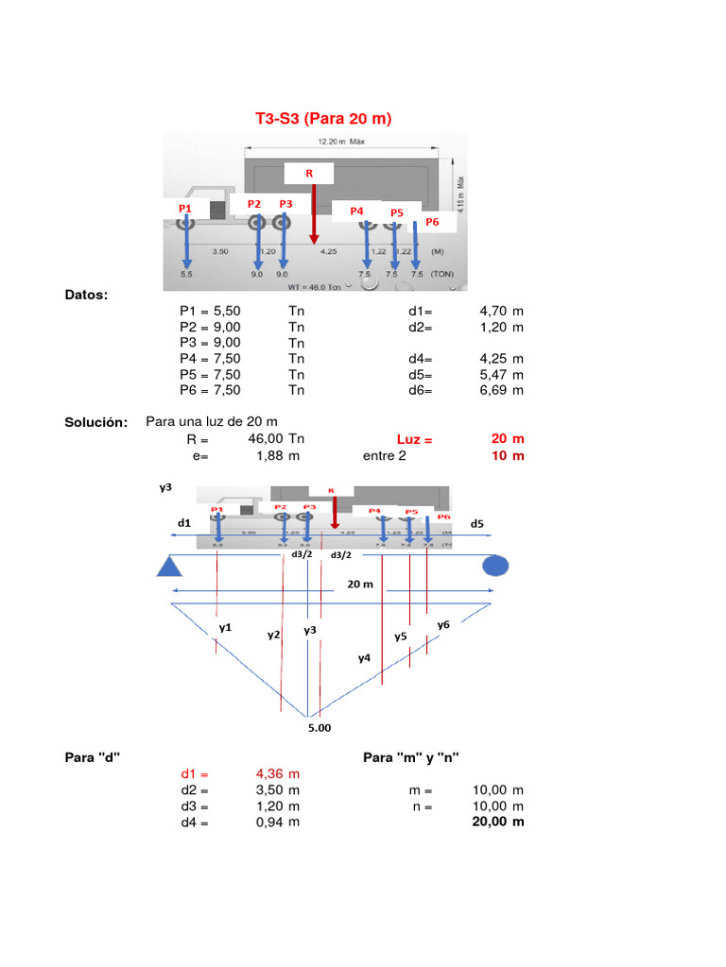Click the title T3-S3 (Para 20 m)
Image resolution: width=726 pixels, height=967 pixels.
click(323, 119)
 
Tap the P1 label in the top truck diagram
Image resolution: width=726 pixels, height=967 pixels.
click(184, 208)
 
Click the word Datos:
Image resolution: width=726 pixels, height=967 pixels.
click(86, 296)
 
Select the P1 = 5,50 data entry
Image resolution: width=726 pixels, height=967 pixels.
click(210, 310)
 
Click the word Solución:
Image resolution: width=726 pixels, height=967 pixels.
click(95, 422)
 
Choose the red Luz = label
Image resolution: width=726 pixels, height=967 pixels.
click(414, 440)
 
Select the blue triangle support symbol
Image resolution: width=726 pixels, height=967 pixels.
click(169, 566)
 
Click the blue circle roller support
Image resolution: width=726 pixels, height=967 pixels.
click(495, 566)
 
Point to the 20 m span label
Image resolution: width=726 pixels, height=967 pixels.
click(359, 585)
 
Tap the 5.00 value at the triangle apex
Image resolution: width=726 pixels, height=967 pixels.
click(320, 728)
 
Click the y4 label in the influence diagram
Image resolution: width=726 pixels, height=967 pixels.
click(364, 658)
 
